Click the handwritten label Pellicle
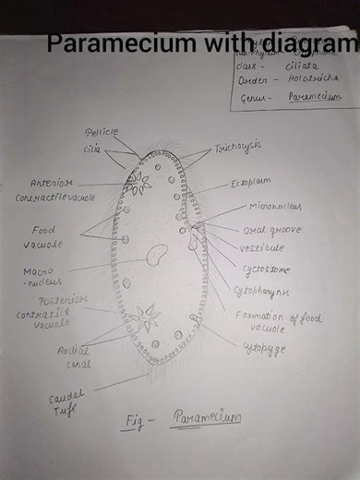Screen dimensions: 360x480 (x=102, y=132)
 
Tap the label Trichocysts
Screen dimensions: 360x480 (x=237, y=147)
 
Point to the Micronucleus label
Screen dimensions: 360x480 (x=275, y=207)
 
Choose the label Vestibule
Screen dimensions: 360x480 (x=261, y=247)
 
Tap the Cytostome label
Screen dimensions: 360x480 (x=266, y=270)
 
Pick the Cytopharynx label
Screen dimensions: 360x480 (x=262, y=292)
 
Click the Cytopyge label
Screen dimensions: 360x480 (x=263, y=349)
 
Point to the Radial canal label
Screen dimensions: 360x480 (x=72, y=356)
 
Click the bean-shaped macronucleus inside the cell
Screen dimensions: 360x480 (x=158, y=254)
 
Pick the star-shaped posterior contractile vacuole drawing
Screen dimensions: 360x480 (x=146, y=318)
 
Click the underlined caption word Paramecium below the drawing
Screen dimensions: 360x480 (x=206, y=418)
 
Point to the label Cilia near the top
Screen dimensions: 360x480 (x=94, y=148)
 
